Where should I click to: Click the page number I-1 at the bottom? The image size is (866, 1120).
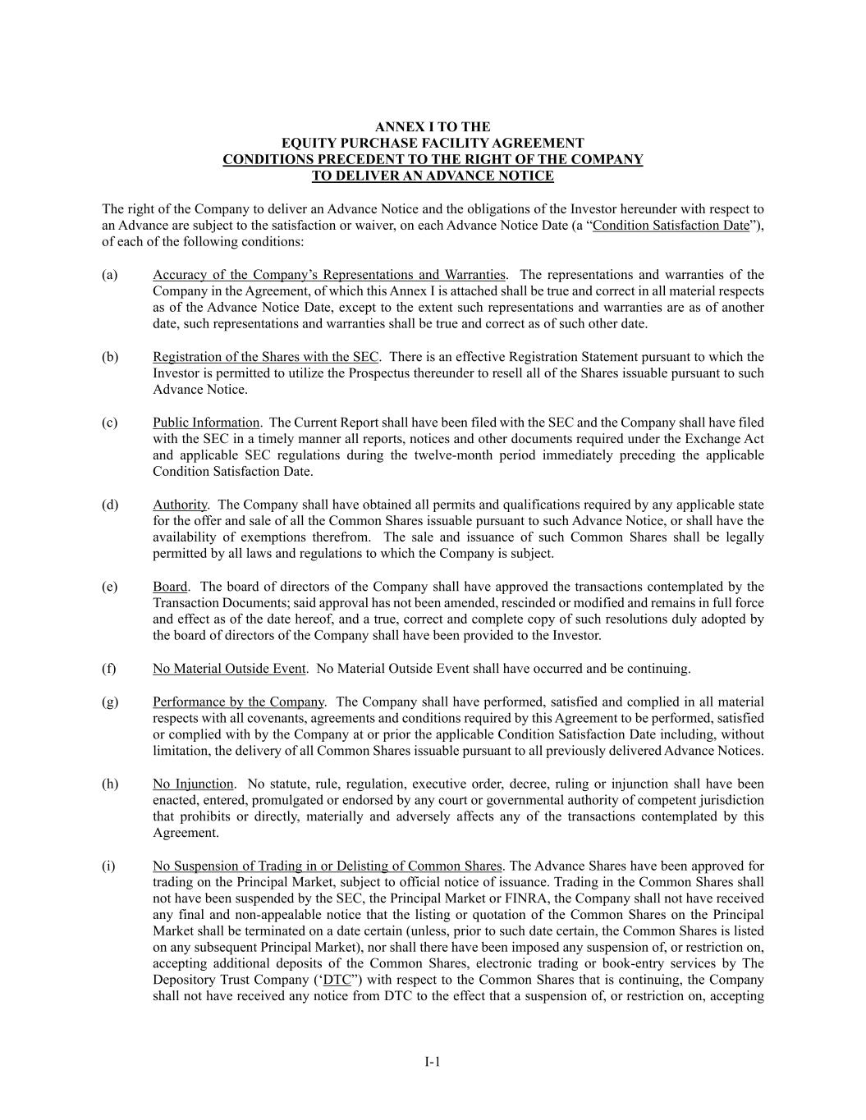click(x=433, y=1062)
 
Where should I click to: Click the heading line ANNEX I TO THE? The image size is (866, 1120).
click(x=433, y=127)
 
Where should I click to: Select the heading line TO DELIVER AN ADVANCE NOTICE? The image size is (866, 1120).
click(x=433, y=176)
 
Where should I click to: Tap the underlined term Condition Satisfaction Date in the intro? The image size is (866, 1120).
click(x=671, y=226)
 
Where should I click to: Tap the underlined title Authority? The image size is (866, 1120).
click(x=180, y=505)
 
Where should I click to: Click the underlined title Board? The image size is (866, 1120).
click(x=170, y=587)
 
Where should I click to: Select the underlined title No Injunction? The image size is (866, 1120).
click(x=193, y=784)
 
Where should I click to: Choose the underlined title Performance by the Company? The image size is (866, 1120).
click(x=238, y=702)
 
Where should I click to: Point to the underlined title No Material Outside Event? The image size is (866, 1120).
click(x=229, y=669)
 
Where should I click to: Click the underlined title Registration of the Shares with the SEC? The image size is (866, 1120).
click(x=265, y=357)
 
